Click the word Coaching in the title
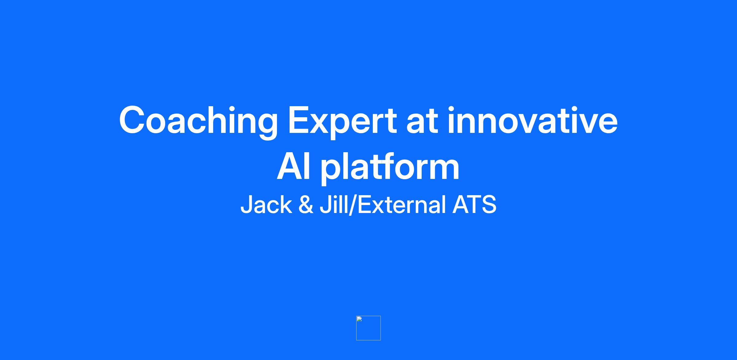(x=198, y=121)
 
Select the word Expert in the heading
(x=342, y=121)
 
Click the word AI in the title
(x=294, y=167)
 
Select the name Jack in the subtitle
(x=266, y=204)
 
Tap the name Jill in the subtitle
(x=334, y=204)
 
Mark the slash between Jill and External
(x=353, y=205)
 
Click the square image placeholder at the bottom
(x=368, y=328)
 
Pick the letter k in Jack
(x=286, y=204)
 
